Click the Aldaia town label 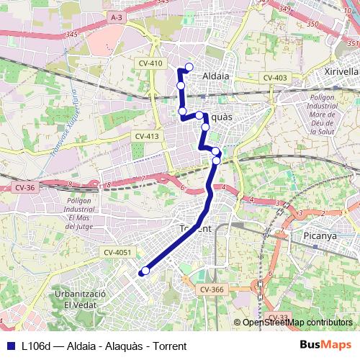215,76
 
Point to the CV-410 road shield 150,63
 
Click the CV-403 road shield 274,78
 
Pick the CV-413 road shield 146,135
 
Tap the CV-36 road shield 24,187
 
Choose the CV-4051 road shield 117,252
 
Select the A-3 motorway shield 117,16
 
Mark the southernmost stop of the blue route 145,271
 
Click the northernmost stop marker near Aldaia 189,68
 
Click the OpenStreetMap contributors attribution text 294,323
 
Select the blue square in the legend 9,346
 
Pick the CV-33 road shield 278,317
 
